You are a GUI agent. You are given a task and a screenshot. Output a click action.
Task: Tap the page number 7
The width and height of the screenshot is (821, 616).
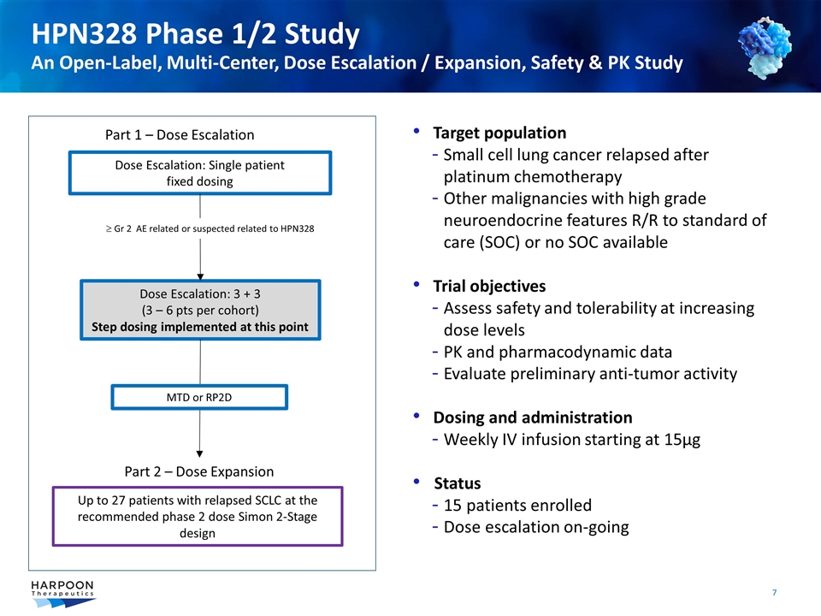[774, 592]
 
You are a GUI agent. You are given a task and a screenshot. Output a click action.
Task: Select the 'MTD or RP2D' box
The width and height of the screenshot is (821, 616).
[200, 397]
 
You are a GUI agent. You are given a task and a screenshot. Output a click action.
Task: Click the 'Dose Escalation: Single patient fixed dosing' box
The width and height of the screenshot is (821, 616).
[199, 173]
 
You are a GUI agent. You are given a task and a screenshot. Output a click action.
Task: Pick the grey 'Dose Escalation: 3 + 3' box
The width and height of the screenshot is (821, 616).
[200, 310]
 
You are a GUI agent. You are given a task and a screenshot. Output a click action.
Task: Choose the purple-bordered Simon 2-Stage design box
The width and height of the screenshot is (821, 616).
[198, 516]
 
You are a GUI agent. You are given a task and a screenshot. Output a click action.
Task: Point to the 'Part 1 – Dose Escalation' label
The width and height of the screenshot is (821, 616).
[180, 134]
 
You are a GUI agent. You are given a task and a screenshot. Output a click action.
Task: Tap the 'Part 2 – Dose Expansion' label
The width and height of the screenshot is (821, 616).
[199, 471]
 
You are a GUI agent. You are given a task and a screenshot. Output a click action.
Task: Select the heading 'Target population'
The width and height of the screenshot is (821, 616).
[499, 133]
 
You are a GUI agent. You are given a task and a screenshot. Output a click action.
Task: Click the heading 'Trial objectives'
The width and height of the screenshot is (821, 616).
[489, 286]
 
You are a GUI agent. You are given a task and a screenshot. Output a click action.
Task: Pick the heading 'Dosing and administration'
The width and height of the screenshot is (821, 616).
[533, 418]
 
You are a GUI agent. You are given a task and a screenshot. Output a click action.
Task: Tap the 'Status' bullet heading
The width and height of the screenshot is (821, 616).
[457, 483]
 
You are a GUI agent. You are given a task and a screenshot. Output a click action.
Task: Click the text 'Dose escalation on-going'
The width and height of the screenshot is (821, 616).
[536, 527]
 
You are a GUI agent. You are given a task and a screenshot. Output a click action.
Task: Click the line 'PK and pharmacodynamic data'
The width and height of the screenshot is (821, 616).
[558, 352]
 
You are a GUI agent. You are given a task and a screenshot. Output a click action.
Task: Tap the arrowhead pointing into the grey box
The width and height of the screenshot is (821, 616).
[200, 275]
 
